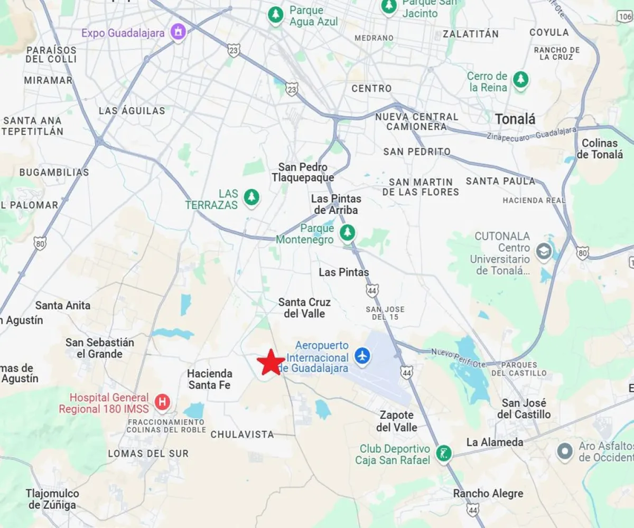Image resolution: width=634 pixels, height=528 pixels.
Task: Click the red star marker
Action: pyautogui.click(x=271, y=363)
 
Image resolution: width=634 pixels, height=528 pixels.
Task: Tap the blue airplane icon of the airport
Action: pyautogui.click(x=362, y=355)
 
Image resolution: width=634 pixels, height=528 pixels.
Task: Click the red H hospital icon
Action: pyautogui.click(x=162, y=403)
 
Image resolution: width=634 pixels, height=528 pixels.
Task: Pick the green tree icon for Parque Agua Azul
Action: pyautogui.click(x=275, y=15)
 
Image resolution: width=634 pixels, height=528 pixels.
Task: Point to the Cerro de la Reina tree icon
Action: pyautogui.click(x=521, y=81)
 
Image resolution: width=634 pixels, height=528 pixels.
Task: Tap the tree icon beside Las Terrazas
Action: pyautogui.click(x=251, y=198)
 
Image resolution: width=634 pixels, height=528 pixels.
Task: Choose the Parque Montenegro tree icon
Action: pyautogui.click(x=347, y=232)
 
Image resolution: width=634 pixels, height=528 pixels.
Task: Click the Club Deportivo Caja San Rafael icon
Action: pyautogui.click(x=444, y=453)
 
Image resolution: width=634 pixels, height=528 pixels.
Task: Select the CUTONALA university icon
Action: pyautogui.click(x=544, y=252)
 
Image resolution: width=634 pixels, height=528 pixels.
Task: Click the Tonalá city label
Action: pyautogui.click(x=515, y=119)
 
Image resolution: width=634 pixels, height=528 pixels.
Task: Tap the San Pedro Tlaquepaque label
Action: pyautogui.click(x=303, y=172)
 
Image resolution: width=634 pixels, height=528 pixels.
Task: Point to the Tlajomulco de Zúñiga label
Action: pyautogui.click(x=52, y=499)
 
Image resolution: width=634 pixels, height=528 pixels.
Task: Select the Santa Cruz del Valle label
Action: pyautogui.click(x=304, y=308)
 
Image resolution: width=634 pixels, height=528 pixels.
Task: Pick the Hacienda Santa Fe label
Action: pyautogui.click(x=210, y=379)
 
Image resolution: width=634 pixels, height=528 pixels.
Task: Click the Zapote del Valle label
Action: pyautogui.click(x=398, y=421)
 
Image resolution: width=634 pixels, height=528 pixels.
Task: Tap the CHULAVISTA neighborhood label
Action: pyautogui.click(x=243, y=435)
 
